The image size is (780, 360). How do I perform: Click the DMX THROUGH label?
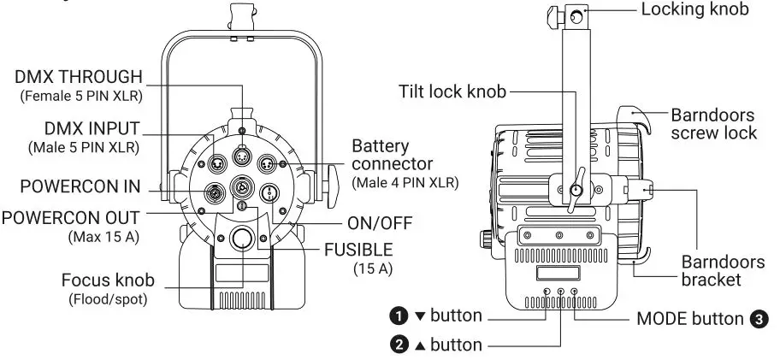tap(79, 77)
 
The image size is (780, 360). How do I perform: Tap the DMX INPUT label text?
tap(92, 128)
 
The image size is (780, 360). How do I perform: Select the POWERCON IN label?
tap(80, 187)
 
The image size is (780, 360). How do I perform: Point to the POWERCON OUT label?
tap(71, 218)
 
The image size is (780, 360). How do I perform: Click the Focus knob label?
tap(108, 280)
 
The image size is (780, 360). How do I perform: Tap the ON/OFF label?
tap(380, 223)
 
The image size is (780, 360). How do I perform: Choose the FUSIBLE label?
tap(358, 250)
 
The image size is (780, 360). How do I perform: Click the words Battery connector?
tap(393, 155)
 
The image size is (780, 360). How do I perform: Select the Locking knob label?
tap(695, 9)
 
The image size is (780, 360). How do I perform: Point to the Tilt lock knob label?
tap(452, 91)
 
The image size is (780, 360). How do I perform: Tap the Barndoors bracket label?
tap(723, 270)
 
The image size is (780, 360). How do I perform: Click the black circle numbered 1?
tap(399, 316)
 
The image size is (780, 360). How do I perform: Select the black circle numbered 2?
tap(399, 345)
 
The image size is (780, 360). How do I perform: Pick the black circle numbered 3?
tap(759, 319)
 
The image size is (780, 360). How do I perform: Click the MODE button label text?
tap(690, 319)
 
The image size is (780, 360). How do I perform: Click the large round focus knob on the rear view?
tap(242, 238)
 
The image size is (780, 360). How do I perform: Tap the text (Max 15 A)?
tap(103, 237)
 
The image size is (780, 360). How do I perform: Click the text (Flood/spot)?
tap(108, 299)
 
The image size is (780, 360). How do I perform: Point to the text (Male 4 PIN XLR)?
tap(405, 182)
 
